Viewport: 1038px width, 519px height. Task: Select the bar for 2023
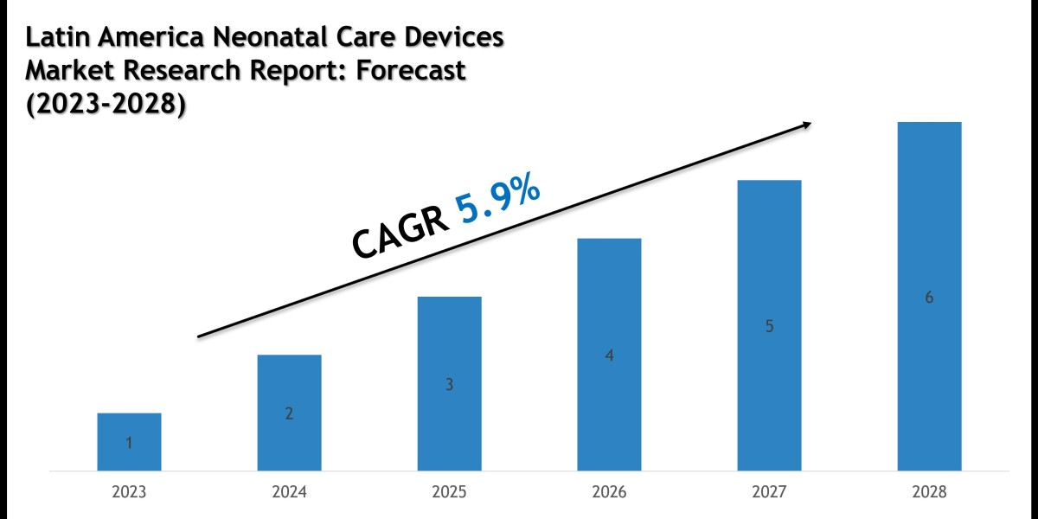coord(129,442)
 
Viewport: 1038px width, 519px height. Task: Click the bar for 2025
coord(449,383)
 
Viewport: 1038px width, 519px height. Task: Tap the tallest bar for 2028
coord(929,296)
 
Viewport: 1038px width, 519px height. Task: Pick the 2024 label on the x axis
coord(289,493)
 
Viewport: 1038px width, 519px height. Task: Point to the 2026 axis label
coord(609,493)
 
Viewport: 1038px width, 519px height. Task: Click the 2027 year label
coord(769,493)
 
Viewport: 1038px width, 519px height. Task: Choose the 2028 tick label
coord(929,493)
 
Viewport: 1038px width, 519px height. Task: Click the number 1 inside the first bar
coord(129,444)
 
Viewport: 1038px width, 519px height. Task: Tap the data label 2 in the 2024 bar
coord(289,414)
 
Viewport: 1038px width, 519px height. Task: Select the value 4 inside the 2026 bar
coord(609,356)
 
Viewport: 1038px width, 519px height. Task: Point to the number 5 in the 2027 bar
coord(769,327)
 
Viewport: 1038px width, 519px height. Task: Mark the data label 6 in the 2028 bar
coord(929,298)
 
